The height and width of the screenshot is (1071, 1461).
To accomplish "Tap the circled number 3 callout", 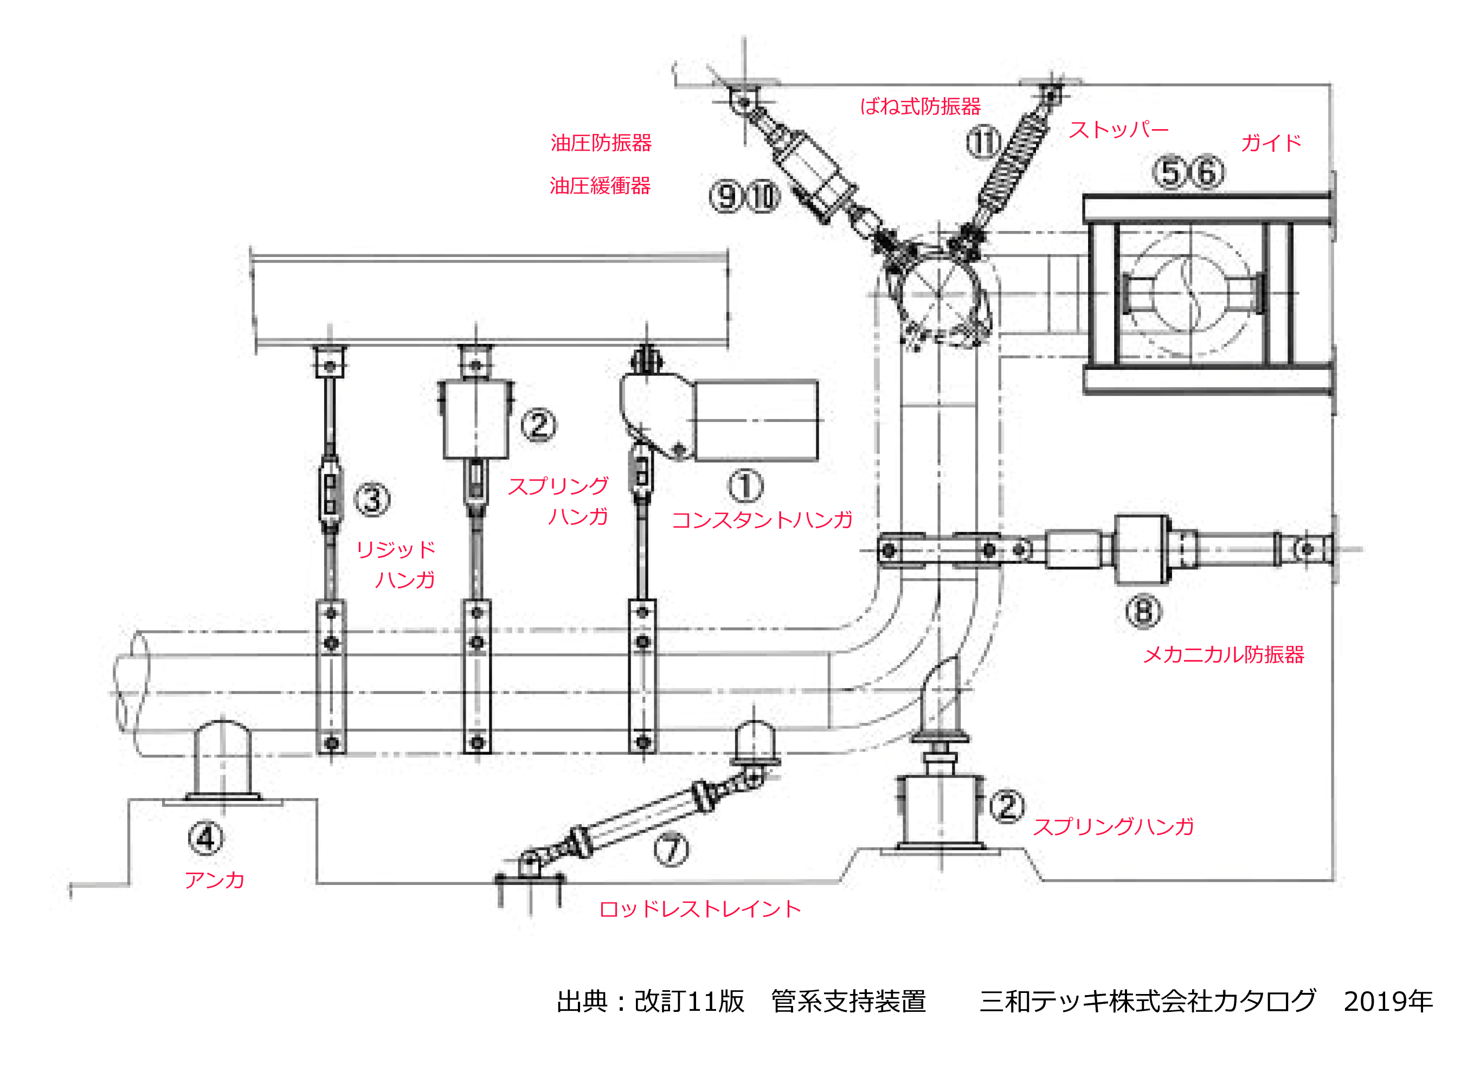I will click(372, 499).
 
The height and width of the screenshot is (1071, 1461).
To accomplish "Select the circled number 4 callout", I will click(206, 838).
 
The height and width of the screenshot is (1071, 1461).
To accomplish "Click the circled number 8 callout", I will click(1143, 611).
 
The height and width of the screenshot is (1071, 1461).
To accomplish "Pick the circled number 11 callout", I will click(983, 142).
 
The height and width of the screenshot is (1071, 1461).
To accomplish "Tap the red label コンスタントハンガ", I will click(762, 520).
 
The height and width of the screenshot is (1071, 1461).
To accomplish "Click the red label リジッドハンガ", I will click(395, 564).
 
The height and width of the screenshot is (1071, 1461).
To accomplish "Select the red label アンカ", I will click(215, 880).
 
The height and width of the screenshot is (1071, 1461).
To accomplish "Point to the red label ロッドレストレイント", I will click(700, 909).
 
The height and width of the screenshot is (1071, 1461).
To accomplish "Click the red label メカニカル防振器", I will click(1223, 654).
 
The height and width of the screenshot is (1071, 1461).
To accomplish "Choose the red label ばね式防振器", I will click(920, 106).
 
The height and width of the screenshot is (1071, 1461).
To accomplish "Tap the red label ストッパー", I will click(1118, 130).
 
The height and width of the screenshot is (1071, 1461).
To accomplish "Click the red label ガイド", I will click(1270, 143).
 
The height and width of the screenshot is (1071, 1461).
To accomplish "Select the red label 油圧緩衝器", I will click(600, 186).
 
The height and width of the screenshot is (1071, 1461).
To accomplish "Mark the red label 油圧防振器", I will click(601, 143).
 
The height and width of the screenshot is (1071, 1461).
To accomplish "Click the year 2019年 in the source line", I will click(1388, 1002).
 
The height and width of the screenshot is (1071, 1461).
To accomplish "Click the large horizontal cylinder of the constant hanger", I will click(756, 421).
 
